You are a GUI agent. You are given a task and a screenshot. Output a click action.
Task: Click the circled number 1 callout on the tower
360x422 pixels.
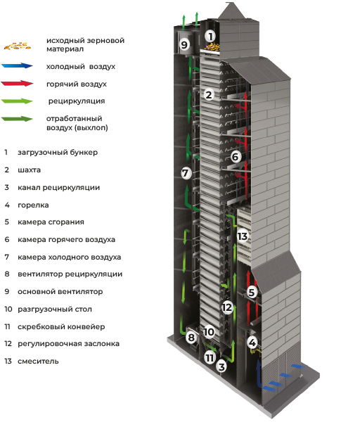(x=211, y=37)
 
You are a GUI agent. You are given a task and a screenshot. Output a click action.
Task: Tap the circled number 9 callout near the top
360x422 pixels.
(x=184, y=44)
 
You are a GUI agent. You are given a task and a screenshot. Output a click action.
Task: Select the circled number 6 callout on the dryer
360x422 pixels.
(x=235, y=157)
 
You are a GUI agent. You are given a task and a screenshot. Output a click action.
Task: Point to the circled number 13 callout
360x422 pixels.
(x=243, y=236)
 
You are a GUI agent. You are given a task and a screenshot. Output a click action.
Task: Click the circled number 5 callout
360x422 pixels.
(x=252, y=292)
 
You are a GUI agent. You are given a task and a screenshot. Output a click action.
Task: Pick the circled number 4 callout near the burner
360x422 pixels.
(x=252, y=343)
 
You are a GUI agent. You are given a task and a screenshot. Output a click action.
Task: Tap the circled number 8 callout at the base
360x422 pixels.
(x=191, y=337)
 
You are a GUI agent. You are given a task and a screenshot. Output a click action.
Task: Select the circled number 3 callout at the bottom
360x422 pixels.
(x=221, y=366)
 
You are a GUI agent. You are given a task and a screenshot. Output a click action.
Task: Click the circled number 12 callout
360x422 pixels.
(x=227, y=307)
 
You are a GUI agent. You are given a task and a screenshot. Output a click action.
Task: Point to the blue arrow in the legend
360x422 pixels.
(x=17, y=66)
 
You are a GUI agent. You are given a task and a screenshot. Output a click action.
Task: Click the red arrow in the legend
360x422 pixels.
(x=17, y=84)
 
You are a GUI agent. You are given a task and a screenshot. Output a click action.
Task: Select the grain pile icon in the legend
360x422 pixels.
(x=17, y=46)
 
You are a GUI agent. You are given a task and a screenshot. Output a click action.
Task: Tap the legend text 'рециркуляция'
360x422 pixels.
(x=77, y=101)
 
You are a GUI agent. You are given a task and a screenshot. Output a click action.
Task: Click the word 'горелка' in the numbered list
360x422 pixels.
(x=33, y=205)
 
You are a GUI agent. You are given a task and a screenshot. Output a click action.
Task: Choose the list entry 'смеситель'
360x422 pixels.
(x=38, y=362)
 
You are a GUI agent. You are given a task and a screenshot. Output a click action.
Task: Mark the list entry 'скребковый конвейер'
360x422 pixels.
(x=61, y=327)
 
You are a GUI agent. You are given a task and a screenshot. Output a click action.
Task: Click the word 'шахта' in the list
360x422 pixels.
(x=29, y=170)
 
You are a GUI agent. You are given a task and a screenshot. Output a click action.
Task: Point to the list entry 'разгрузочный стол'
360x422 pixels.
(x=55, y=309)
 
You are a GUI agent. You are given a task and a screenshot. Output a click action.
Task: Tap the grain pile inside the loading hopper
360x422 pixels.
(x=212, y=47)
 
